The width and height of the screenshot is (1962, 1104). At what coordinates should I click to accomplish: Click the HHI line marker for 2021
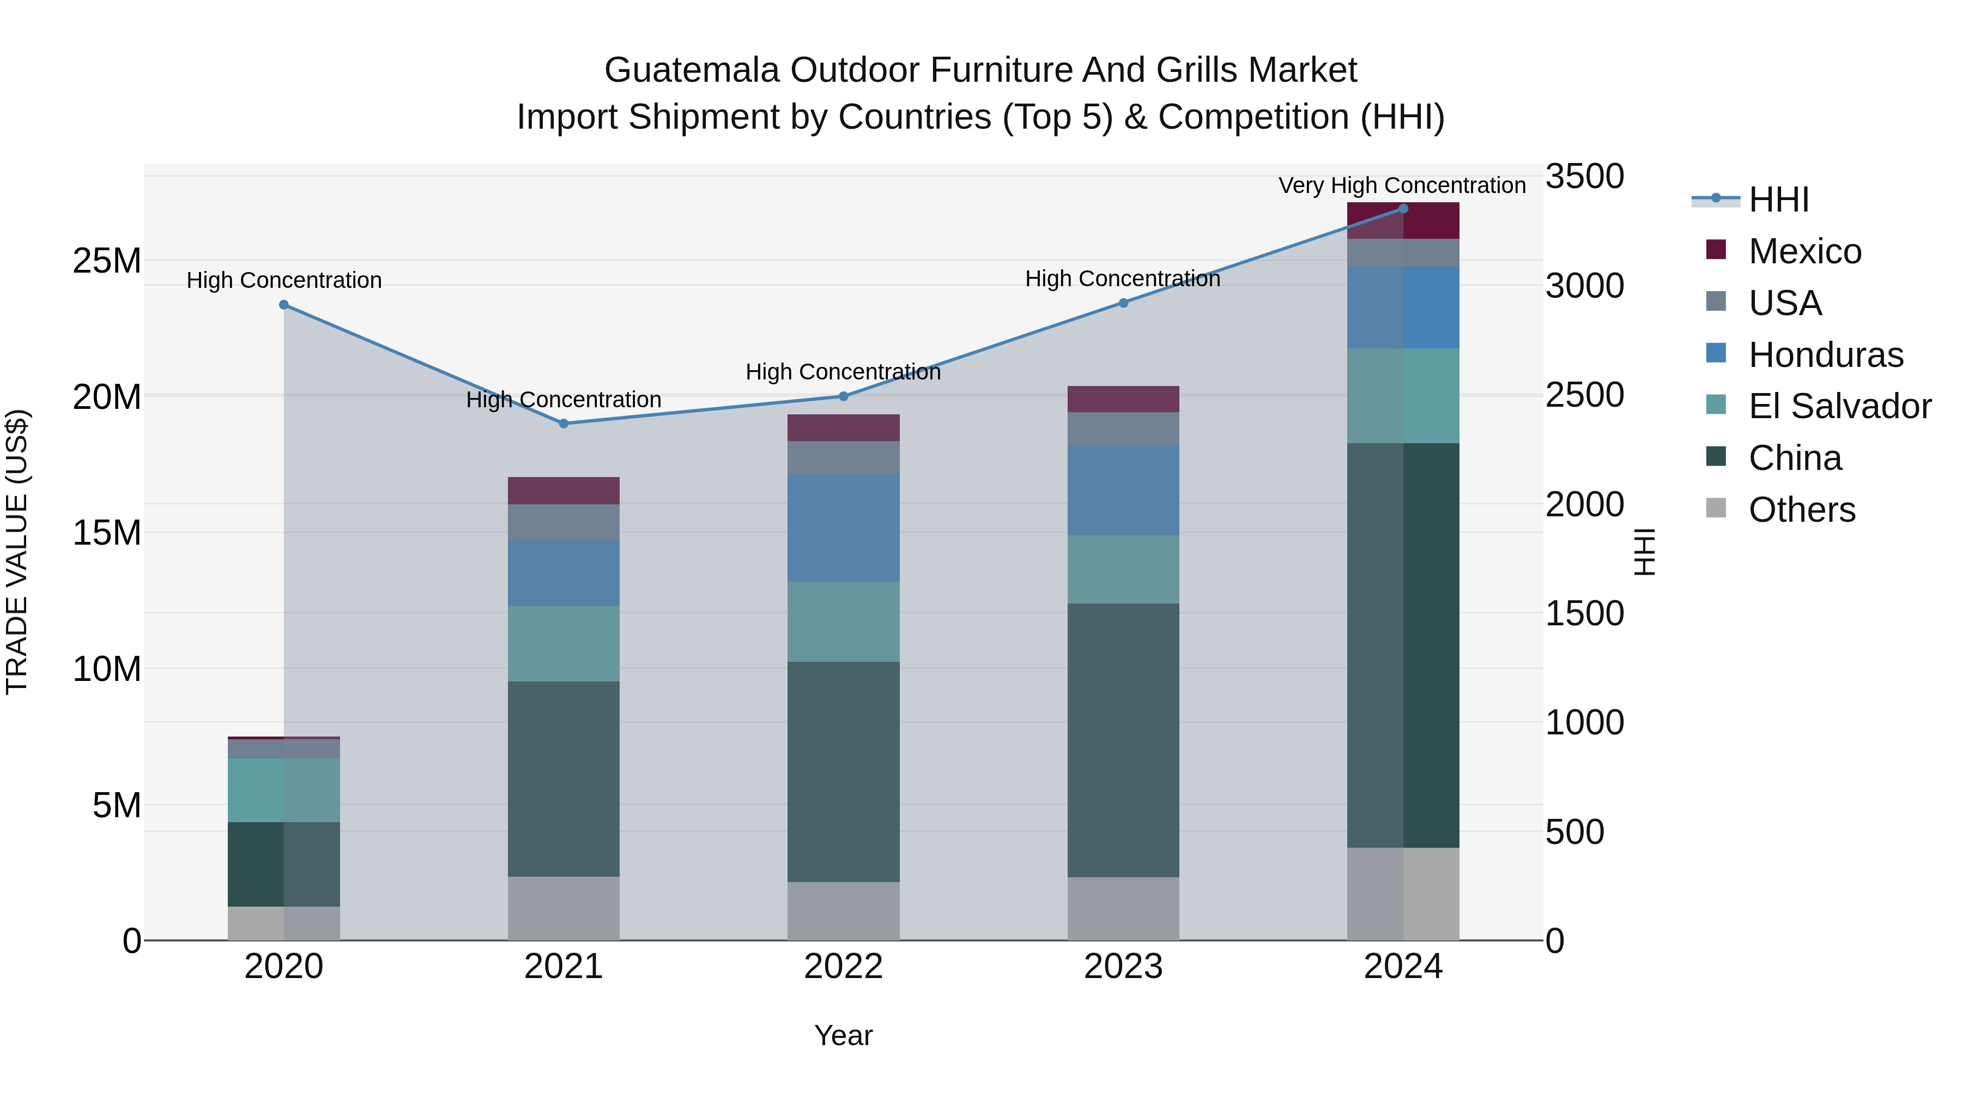tap(564, 424)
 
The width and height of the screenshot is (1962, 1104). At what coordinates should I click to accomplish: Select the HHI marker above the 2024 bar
tap(1403, 209)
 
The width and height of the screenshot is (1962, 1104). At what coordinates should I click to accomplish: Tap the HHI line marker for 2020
tap(284, 305)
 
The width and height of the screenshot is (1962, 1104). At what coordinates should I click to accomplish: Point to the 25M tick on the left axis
tap(107, 261)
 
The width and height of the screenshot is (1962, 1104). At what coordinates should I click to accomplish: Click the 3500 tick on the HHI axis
tap(1584, 177)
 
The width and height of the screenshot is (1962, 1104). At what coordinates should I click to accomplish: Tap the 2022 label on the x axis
tap(843, 967)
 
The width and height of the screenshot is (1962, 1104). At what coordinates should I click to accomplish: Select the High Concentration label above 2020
tap(284, 280)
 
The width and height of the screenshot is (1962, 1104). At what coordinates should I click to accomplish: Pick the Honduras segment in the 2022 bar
tap(843, 528)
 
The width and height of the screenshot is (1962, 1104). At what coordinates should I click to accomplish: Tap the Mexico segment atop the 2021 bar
tap(564, 491)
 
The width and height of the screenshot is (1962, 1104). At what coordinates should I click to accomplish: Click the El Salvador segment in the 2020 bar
tap(284, 790)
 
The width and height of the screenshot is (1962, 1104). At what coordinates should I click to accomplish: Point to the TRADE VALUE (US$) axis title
tap(17, 552)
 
